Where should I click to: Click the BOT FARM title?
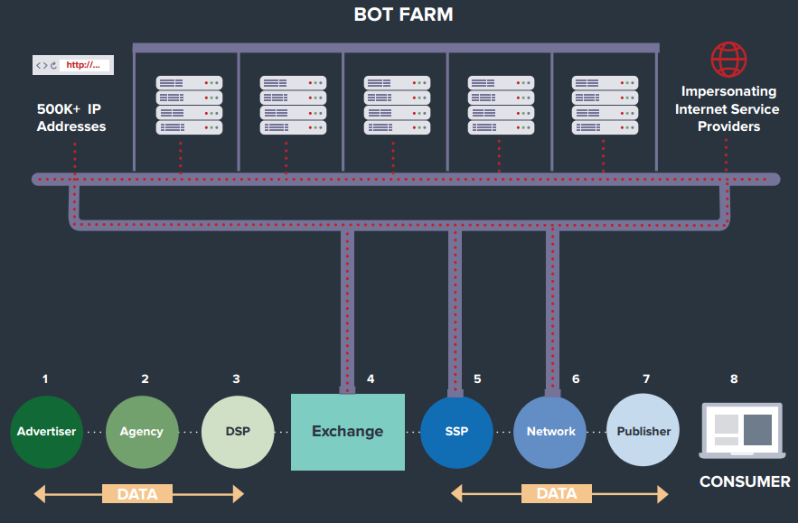click(403, 14)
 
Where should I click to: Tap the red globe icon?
click(728, 60)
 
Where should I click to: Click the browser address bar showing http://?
click(73, 65)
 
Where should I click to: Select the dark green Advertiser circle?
click(46, 432)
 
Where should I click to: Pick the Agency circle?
click(142, 432)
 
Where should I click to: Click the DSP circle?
click(238, 432)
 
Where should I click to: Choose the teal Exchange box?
click(348, 432)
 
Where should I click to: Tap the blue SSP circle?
click(456, 432)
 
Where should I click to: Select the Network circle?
click(550, 432)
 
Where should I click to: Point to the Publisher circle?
click(643, 430)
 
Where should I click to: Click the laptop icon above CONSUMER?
click(742, 430)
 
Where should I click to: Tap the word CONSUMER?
click(745, 481)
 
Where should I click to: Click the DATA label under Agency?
click(137, 494)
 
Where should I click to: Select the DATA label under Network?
click(557, 493)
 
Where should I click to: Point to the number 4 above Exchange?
click(371, 379)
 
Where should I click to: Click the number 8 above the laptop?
click(734, 379)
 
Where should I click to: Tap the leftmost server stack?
click(189, 106)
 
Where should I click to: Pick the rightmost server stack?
click(606, 106)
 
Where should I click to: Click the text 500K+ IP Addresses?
click(71, 117)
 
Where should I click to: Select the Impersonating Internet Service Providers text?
click(728, 109)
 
